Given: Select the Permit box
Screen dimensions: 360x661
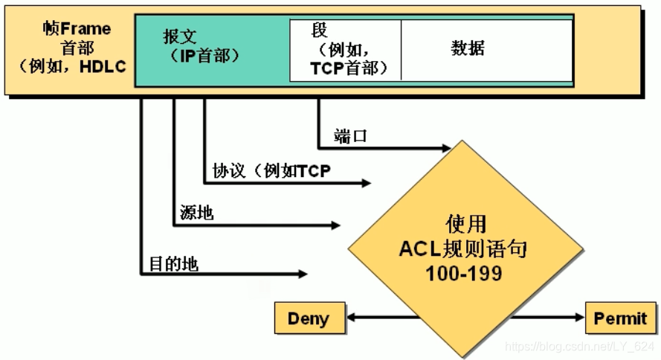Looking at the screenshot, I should pyautogui.click(x=620, y=318).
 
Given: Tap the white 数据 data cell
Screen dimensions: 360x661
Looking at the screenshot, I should pyautogui.click(x=468, y=49).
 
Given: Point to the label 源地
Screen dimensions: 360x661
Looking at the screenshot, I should pyautogui.click(x=196, y=213).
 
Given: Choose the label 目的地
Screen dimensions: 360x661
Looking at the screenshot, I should pyautogui.click(x=173, y=263).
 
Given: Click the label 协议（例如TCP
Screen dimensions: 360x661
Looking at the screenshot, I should pyautogui.click(x=271, y=171).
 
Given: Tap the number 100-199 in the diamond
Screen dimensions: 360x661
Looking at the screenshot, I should pyautogui.click(x=464, y=273).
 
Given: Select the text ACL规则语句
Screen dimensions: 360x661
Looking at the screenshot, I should pyautogui.click(x=464, y=248).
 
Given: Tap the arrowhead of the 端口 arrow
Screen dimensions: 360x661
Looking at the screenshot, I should pyautogui.click(x=447, y=147).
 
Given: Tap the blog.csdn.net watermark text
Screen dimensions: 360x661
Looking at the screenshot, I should pyautogui.click(x=579, y=347).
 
